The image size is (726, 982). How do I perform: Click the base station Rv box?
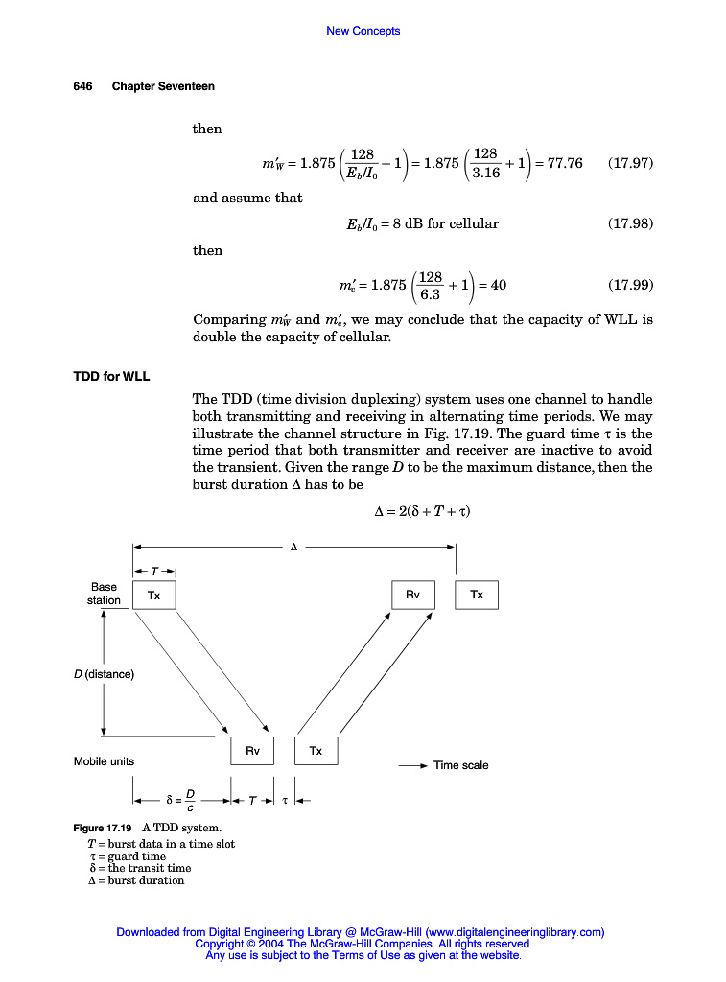tap(412, 595)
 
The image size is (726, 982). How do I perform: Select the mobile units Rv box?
tap(252, 751)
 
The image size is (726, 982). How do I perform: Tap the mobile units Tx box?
tap(316, 751)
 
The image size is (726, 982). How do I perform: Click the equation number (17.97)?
tap(630, 163)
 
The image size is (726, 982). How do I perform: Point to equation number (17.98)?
tap(630, 223)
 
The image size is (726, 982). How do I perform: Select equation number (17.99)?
tap(630, 285)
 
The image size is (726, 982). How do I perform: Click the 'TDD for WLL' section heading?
tap(111, 374)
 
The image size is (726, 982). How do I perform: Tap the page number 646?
tap(82, 86)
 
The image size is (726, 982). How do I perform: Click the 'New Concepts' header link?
tap(363, 31)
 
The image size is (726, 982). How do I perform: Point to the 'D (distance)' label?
tap(104, 674)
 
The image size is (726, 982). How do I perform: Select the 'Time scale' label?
tap(460, 765)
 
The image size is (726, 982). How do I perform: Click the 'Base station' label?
tap(104, 594)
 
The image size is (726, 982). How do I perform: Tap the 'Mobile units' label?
tap(104, 761)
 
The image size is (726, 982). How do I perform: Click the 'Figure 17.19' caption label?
tap(103, 827)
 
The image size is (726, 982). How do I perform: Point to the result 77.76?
tap(563, 163)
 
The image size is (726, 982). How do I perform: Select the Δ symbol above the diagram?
tap(293, 548)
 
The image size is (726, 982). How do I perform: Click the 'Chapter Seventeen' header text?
tap(163, 86)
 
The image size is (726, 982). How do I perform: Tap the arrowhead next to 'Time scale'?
tap(423, 765)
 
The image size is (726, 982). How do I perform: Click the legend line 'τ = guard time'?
tap(126, 856)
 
